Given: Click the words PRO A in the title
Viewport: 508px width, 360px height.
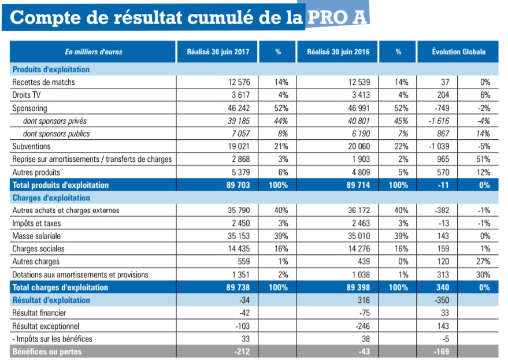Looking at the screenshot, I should tap(336, 17).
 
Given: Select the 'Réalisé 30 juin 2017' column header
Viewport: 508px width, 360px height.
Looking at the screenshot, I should tap(218, 52).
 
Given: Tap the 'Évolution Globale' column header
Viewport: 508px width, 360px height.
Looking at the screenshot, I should tap(458, 52).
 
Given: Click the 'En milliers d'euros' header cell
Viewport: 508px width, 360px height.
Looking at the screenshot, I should tap(93, 52).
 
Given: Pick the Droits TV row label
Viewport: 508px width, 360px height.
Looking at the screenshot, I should tap(28, 95).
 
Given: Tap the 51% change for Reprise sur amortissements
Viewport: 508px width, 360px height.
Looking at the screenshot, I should tap(484, 159).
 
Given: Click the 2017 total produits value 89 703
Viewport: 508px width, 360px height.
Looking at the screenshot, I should tap(238, 185).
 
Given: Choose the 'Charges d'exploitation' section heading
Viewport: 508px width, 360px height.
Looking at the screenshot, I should tap(51, 198).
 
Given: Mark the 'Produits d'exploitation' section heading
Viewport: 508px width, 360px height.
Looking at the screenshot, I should tap(51, 69).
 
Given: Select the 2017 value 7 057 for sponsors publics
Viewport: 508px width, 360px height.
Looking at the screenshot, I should tap(241, 133).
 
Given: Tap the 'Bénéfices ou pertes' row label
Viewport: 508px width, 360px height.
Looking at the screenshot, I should tap(47, 351).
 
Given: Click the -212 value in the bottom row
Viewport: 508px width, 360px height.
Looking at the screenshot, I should tap(242, 351).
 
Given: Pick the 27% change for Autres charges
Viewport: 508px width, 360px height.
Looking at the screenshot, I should tap(484, 261).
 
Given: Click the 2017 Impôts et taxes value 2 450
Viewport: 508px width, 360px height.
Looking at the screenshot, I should tap(240, 223).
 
